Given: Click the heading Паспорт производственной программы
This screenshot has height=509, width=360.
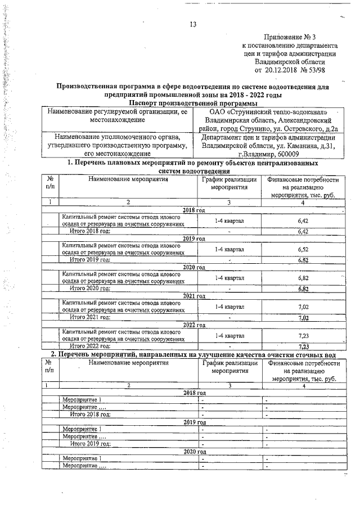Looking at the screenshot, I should click(x=193, y=103).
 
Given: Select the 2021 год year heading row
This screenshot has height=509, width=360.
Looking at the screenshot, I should click(x=193, y=296).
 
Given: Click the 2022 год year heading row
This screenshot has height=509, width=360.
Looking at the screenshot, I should click(x=193, y=325).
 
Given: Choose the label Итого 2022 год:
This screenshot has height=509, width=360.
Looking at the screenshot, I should click(x=89, y=346).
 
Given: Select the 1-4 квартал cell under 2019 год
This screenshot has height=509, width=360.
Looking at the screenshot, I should click(x=229, y=249).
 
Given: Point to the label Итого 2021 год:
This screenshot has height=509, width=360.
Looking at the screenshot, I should click(x=89, y=317).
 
